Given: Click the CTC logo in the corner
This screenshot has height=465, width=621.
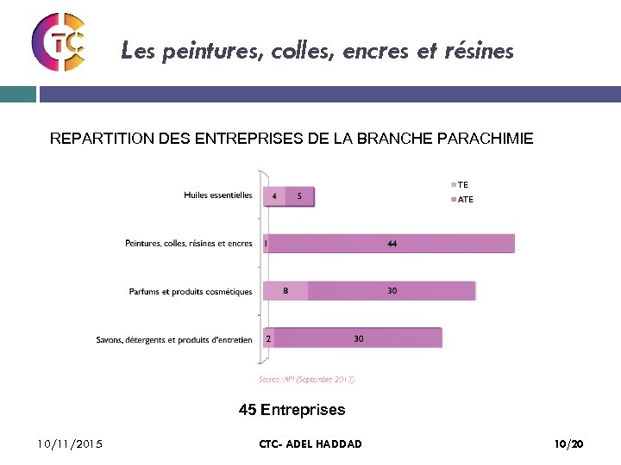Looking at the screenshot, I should [59, 41].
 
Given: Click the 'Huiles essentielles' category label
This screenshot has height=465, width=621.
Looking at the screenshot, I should [217, 195].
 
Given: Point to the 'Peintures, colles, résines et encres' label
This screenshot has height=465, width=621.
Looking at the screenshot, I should [188, 244].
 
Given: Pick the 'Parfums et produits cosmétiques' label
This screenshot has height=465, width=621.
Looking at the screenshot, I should [190, 291].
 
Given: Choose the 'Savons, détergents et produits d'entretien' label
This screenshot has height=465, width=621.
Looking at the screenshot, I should [174, 339].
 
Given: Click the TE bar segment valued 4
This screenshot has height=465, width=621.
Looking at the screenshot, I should [273, 196].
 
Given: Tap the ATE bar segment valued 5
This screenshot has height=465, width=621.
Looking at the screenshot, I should [299, 196].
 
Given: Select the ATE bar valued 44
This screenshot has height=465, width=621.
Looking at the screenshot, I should [392, 244].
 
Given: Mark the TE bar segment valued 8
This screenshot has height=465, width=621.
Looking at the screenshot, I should [285, 291].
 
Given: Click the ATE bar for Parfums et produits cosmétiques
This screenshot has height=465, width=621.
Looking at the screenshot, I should [392, 291].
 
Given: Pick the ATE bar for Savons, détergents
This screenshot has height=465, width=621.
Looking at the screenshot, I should [359, 338].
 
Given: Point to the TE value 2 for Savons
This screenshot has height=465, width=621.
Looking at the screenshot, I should [268, 338].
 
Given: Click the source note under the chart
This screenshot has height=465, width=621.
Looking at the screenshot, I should [306, 379].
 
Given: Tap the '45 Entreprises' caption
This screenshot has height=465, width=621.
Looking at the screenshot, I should [292, 410].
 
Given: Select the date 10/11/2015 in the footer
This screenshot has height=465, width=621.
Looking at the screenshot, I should [70, 444].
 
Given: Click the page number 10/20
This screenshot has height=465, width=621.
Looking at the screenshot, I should [568, 444].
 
